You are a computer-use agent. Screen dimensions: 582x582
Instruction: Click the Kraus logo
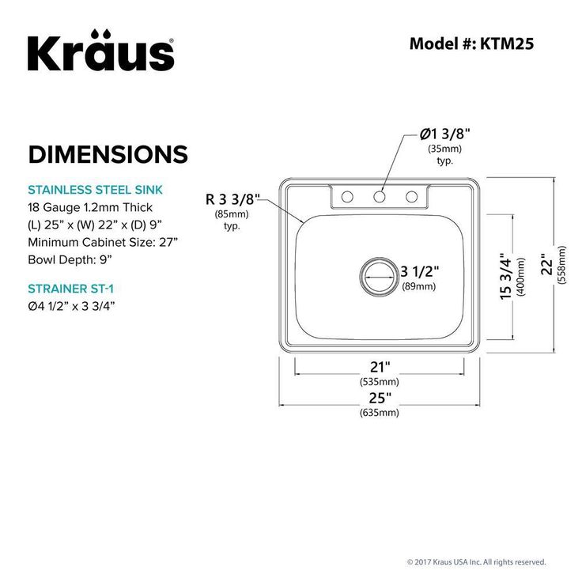[101, 51]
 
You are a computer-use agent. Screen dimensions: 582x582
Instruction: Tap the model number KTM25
[471, 43]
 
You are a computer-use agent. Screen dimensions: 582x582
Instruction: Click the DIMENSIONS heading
[108, 153]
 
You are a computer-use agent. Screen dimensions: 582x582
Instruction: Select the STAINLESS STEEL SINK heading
[95, 190]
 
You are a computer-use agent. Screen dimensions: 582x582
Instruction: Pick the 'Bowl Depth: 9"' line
[70, 259]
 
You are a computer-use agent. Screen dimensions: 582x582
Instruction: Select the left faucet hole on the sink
[346, 196]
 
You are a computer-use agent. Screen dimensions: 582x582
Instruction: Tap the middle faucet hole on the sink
[380, 196]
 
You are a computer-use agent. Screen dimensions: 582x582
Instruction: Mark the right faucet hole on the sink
[411, 196]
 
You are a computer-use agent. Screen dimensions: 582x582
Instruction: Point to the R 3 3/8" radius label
[232, 198]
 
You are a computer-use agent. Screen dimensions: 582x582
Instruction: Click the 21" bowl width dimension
[380, 366]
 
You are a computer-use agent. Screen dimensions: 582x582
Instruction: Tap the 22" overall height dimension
[544, 265]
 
